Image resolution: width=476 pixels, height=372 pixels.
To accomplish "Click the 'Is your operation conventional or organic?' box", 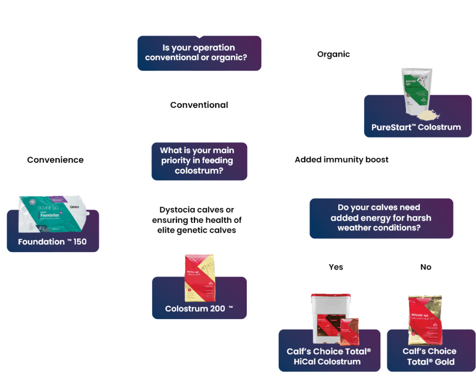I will tap(199, 53).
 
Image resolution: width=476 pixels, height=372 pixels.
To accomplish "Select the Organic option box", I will tap(334, 54).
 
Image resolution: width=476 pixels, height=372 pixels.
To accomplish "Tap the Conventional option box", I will tap(199, 105).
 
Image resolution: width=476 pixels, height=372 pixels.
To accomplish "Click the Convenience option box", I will tap(55, 160).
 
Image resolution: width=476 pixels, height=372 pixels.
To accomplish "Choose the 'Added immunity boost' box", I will tap(344, 160).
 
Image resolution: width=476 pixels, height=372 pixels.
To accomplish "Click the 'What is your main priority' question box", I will tap(199, 161).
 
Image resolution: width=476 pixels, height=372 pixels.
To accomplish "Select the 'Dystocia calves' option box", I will tap(199, 220).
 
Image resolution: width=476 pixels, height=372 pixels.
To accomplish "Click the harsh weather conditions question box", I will tap(381, 218).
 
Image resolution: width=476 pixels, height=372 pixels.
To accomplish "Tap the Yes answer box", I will tap(337, 268).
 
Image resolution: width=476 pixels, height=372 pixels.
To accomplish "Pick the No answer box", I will tap(426, 268).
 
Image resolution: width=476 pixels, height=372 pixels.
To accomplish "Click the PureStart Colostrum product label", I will tap(416, 127).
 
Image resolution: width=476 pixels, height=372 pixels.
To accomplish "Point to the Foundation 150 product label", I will tap(52, 242).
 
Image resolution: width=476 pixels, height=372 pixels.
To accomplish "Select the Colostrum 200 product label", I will tap(199, 309).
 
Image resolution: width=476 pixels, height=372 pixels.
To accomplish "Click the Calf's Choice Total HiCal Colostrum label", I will tap(329, 357).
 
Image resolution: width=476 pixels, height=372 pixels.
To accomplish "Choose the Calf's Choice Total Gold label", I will tap(430, 357).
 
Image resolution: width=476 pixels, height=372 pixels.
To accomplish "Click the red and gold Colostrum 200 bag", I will tap(199, 277).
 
